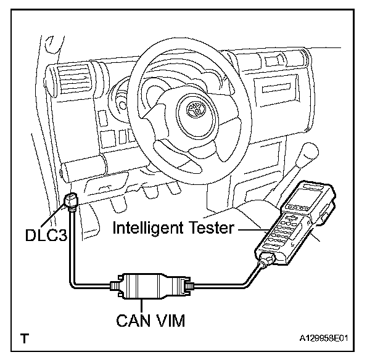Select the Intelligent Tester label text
coord(173,228)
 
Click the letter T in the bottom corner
coord(24,338)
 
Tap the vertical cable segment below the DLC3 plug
coord(73,247)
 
